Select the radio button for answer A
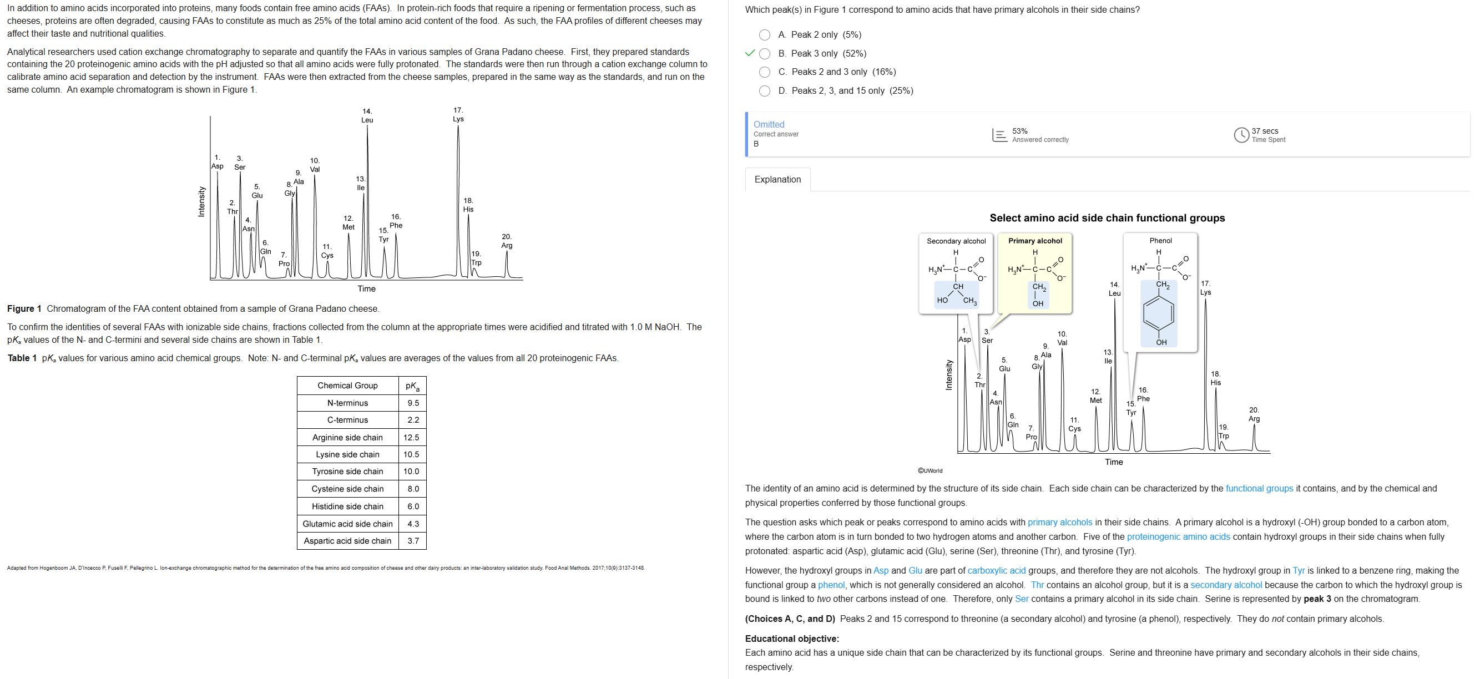click(764, 35)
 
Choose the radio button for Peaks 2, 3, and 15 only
click(764, 90)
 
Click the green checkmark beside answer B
click(750, 53)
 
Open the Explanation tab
click(777, 179)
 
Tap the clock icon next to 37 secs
click(1241, 135)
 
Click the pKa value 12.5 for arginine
click(411, 437)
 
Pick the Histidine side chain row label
click(347, 506)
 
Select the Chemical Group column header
click(347, 386)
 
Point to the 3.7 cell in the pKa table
click(413, 540)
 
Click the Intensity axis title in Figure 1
click(201, 201)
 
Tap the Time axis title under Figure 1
click(366, 288)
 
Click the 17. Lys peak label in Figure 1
click(458, 114)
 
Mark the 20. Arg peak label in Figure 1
click(507, 241)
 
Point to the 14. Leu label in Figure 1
click(367, 115)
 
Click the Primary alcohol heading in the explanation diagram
click(1035, 241)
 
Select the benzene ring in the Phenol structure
click(1158, 313)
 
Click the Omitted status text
click(769, 124)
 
